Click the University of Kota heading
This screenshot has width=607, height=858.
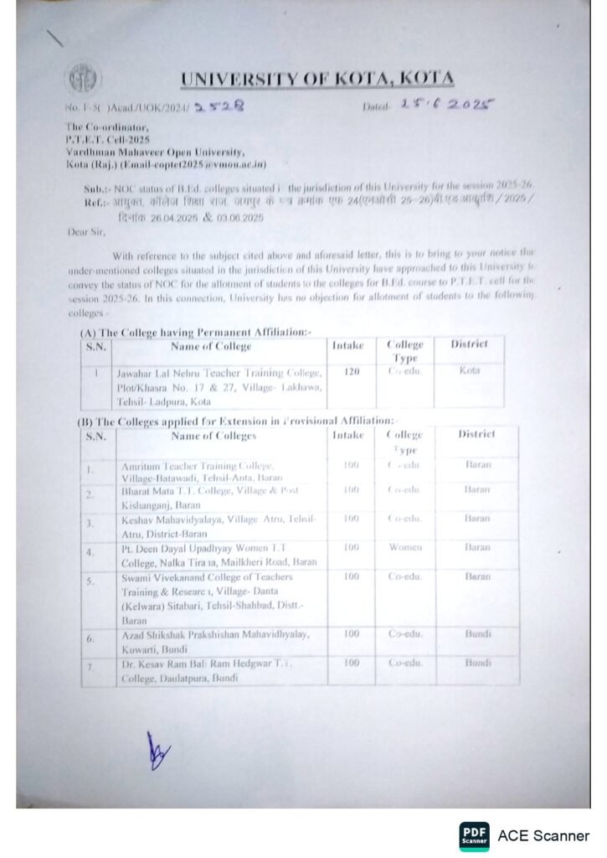click(x=317, y=80)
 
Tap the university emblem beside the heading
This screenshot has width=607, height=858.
click(x=81, y=80)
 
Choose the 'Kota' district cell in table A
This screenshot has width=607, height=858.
click(x=469, y=370)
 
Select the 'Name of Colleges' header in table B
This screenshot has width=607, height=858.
click(x=213, y=436)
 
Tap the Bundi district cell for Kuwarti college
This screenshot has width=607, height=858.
click(x=478, y=634)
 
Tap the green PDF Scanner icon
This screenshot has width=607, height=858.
click(x=475, y=835)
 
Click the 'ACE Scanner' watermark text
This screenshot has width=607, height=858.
click(x=543, y=835)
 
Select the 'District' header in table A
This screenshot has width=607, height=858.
click(x=469, y=344)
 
